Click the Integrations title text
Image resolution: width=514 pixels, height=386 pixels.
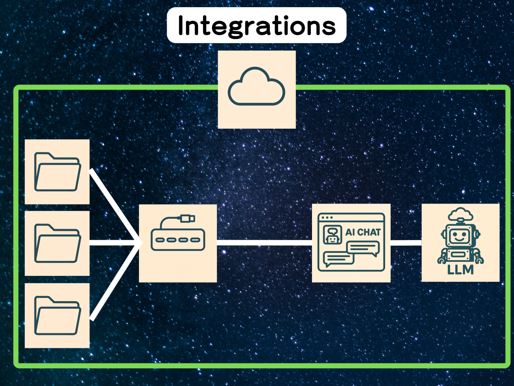tap(257, 26)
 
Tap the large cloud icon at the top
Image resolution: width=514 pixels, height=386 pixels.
tap(257, 87)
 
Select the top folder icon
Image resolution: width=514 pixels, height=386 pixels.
tap(57, 172)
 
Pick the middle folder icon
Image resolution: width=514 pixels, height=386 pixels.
tap(57, 243)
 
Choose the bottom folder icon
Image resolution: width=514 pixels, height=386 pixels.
tap(57, 316)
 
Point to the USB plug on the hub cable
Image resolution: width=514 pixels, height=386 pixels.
tap(188, 218)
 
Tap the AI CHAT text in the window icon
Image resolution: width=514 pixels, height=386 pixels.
tap(363, 232)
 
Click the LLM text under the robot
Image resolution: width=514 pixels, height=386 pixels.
tap(460, 270)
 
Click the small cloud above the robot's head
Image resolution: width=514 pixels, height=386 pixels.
tap(460, 214)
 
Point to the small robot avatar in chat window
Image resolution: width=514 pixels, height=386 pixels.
tap(332, 234)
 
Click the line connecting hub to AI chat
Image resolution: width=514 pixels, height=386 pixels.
tap(264, 242)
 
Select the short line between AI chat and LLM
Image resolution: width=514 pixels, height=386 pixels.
tap(406, 242)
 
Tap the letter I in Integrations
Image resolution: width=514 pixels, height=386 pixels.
tap(181, 26)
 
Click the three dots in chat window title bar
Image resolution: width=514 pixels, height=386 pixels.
tap(327, 218)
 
